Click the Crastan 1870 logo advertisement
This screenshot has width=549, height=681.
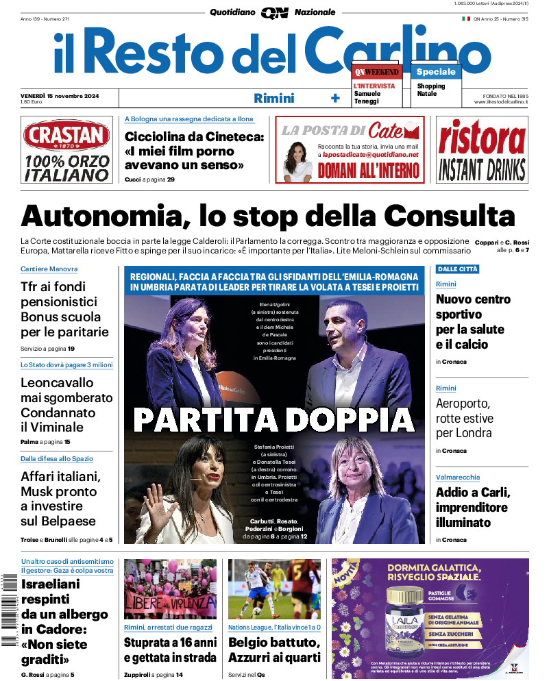pos(66,150)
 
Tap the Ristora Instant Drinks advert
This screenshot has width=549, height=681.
pos(482,150)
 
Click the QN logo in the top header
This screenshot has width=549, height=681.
pos(274,13)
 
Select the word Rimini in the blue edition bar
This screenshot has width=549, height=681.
pos(273,98)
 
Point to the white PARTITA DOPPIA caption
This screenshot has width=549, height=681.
pos(274,418)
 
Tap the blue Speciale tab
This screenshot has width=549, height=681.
pos(436,71)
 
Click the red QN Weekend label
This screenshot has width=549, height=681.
pos(376,72)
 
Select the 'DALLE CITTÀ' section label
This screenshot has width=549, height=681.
pos(458,269)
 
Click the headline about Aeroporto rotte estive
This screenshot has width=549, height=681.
pos(464,418)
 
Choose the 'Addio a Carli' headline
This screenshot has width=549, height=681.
pos(473,508)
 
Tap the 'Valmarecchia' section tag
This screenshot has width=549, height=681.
pos(458,477)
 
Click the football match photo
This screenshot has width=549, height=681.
pos(274,589)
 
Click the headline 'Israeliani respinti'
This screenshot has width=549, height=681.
pos(55,622)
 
